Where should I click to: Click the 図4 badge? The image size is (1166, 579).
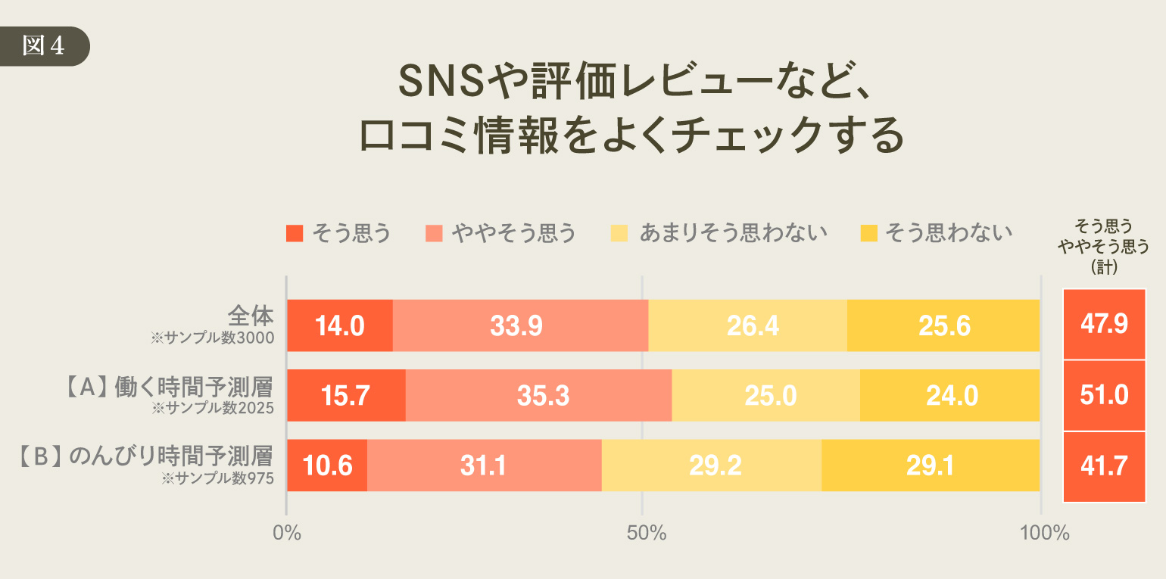coord(44,46)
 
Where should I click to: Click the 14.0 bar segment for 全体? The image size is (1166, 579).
coord(340,325)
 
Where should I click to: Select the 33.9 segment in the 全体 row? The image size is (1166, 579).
coord(520,325)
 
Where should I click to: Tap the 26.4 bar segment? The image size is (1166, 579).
coord(747,325)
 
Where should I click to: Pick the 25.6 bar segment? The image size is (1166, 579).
coord(943,325)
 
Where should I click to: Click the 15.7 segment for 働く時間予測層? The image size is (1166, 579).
coord(346,395)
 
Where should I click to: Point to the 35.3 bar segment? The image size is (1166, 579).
coord(538,395)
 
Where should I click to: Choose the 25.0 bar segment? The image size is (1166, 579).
coord(765,395)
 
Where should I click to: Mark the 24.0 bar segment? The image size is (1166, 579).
coord(949,395)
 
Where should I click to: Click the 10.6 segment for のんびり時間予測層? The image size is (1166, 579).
coord(327,465)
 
